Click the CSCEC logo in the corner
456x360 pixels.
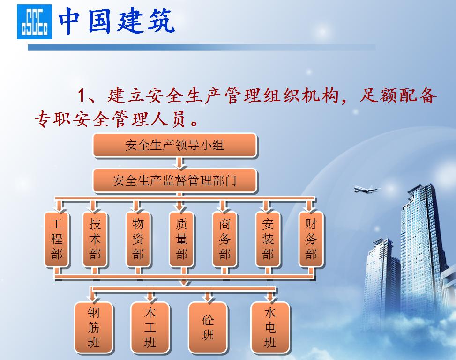(x=34, y=22)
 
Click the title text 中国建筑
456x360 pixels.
(x=116, y=21)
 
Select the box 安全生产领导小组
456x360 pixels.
(x=174, y=145)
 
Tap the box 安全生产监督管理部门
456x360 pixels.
(x=174, y=181)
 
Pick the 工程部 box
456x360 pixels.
(x=56, y=239)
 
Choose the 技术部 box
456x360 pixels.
(x=95, y=239)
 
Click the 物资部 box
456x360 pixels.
(x=138, y=239)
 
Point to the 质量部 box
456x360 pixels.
(x=181, y=239)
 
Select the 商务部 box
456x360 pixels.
(x=224, y=239)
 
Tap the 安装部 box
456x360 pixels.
(x=268, y=239)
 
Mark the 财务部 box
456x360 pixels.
(x=311, y=239)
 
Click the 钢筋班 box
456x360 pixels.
(x=94, y=327)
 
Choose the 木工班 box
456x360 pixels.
(x=150, y=327)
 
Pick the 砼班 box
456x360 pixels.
(x=208, y=327)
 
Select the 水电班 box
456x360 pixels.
(x=270, y=327)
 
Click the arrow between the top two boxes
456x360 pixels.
(x=179, y=163)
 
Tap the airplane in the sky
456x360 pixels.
(x=366, y=189)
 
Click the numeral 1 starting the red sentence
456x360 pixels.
(x=82, y=96)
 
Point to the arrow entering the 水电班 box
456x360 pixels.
(x=269, y=296)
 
